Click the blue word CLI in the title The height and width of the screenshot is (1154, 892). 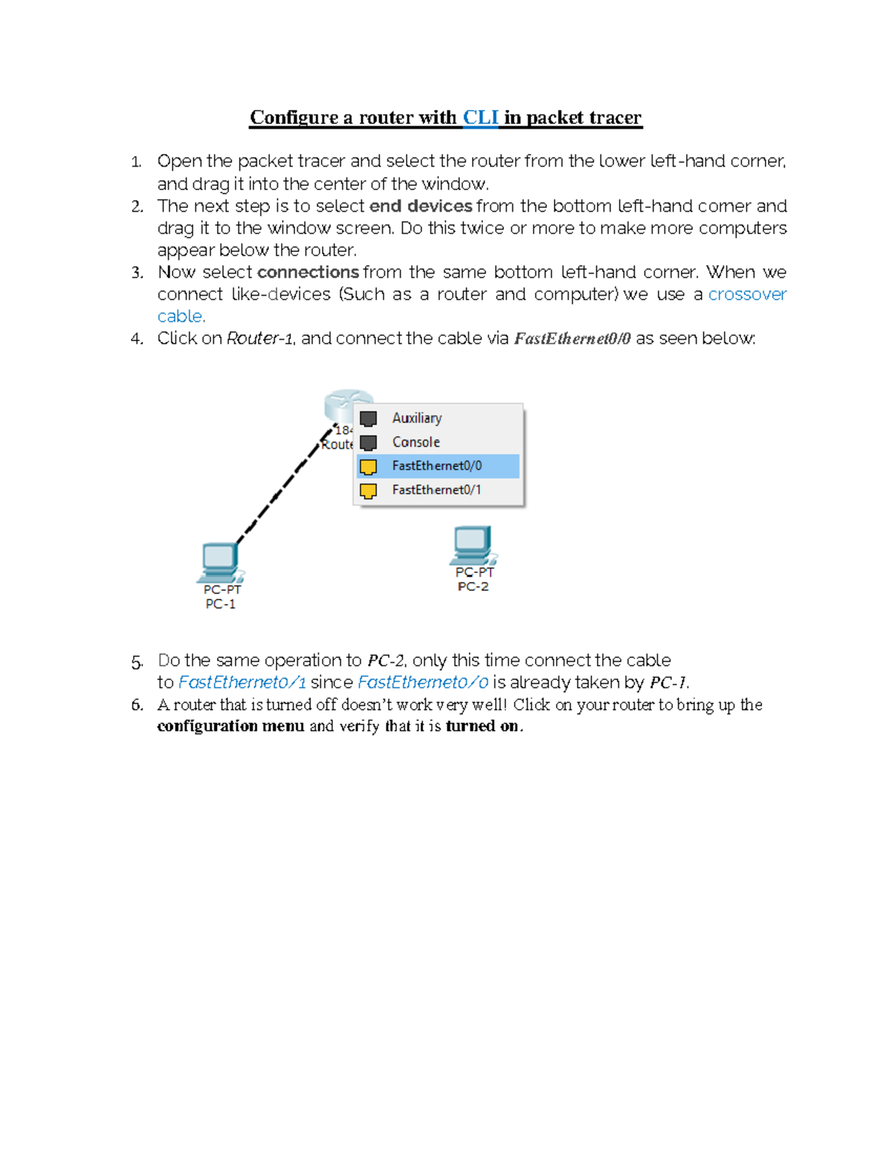(480, 117)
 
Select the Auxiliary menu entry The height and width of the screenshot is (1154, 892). (416, 418)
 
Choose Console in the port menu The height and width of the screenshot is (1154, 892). (416, 442)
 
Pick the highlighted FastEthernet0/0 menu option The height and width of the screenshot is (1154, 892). (436, 466)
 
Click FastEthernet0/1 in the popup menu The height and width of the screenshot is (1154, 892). (436, 490)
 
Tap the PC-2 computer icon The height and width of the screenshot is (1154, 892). (473, 545)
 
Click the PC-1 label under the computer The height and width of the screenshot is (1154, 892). (220, 604)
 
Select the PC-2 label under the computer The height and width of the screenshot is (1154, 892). (473, 586)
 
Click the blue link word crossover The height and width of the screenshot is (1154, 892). (746, 294)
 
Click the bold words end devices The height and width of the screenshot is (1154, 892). (421, 206)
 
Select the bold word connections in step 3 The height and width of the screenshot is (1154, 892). (308, 272)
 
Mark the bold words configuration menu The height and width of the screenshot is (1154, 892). (230, 726)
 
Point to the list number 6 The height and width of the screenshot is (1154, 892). (137, 705)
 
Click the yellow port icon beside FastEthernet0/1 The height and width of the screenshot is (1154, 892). (369, 490)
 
